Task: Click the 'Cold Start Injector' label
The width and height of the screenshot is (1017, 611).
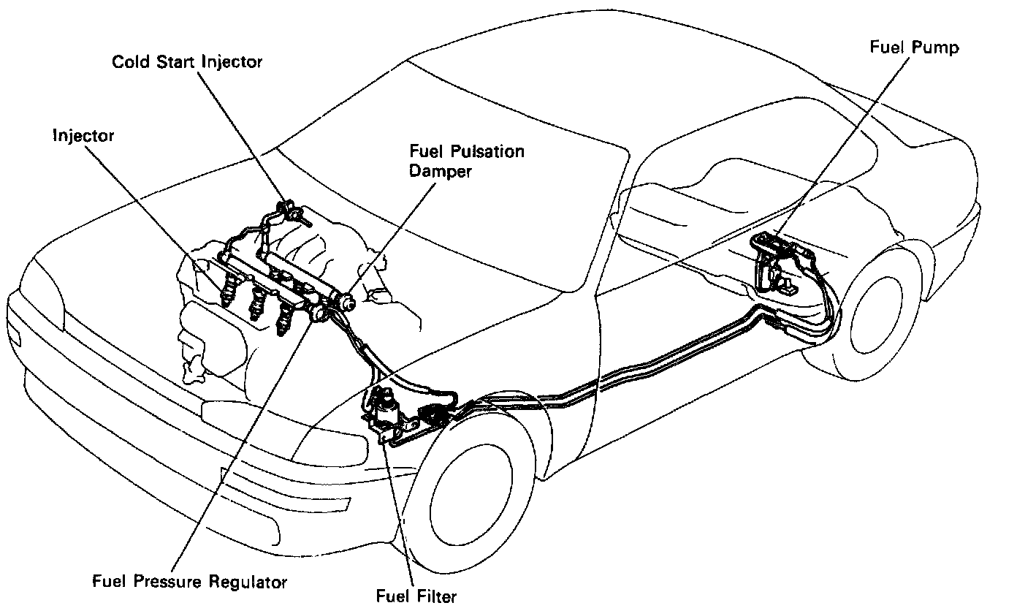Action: [x=186, y=61]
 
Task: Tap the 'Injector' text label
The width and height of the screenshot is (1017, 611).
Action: [x=83, y=135]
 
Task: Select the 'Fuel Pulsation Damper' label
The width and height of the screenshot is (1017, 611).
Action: [x=467, y=162]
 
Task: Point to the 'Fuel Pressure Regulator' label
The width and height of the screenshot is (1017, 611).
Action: [x=190, y=582]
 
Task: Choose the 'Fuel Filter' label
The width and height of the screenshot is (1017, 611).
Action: [x=416, y=596]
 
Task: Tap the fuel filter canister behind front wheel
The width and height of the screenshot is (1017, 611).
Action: [x=385, y=410]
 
